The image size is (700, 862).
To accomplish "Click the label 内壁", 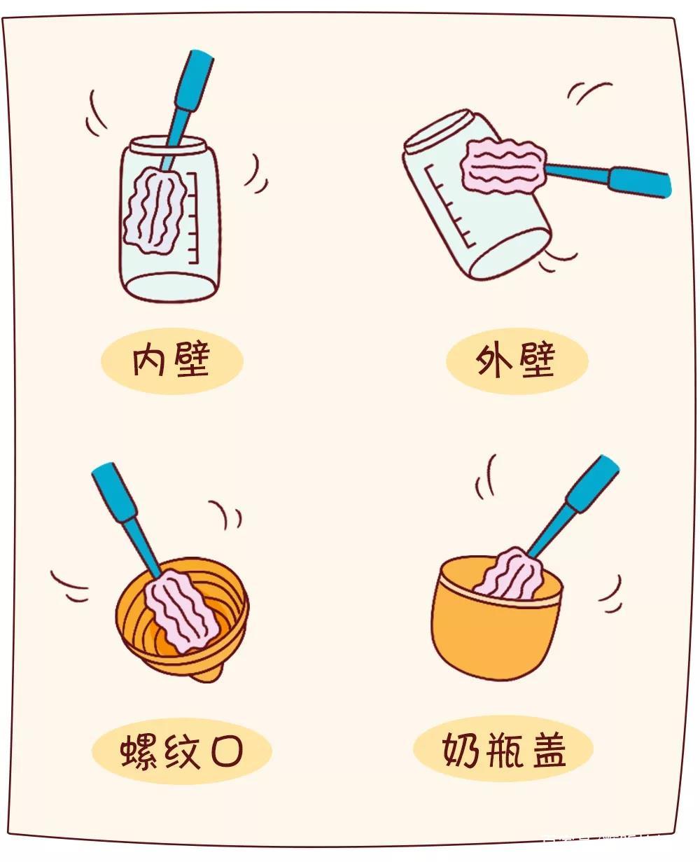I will pyautogui.click(x=171, y=361).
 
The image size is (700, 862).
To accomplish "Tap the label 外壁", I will pyautogui.click(x=517, y=362).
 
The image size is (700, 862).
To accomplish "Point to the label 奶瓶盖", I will pyautogui.click(x=503, y=749).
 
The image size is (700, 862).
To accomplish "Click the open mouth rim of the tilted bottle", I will pyautogui.click(x=437, y=130).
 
